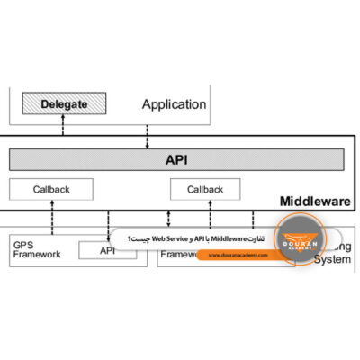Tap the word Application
(x=174, y=104)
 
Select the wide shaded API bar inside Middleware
(x=176, y=160)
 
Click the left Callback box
(x=51, y=189)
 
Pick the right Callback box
(x=205, y=189)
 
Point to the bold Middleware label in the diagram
(x=315, y=201)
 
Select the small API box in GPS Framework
(x=107, y=250)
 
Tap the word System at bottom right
(x=331, y=260)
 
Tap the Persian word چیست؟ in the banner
(x=140, y=238)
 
